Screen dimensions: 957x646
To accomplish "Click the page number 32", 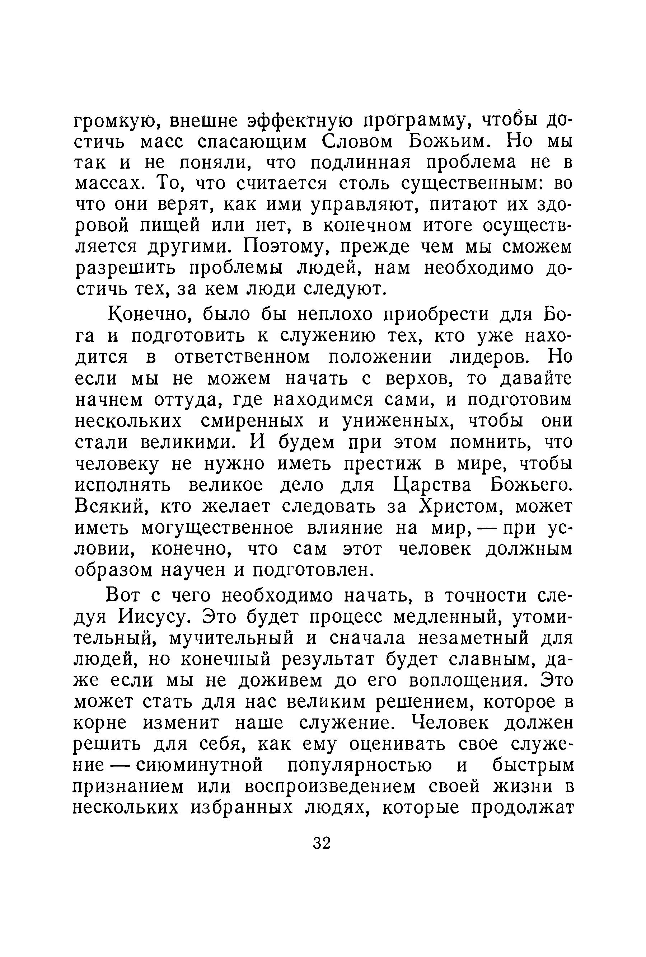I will pyautogui.click(x=322, y=843).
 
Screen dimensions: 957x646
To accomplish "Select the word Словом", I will pyautogui.click(x=357, y=142).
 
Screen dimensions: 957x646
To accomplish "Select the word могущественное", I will pyautogui.click(x=217, y=528).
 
